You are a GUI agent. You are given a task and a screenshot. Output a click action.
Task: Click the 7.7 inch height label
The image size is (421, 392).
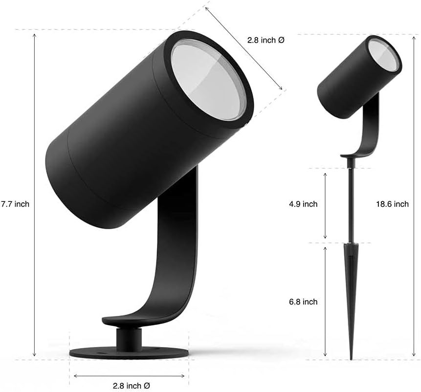point(15,204)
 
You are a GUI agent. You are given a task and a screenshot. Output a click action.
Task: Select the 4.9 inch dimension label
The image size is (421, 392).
point(303,204)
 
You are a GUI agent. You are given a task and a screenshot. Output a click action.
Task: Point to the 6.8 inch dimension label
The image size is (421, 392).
point(303,302)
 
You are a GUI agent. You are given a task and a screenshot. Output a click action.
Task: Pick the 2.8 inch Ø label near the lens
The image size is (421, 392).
point(266,41)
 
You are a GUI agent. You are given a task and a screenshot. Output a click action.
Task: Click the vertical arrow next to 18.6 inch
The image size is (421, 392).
point(414,196)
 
